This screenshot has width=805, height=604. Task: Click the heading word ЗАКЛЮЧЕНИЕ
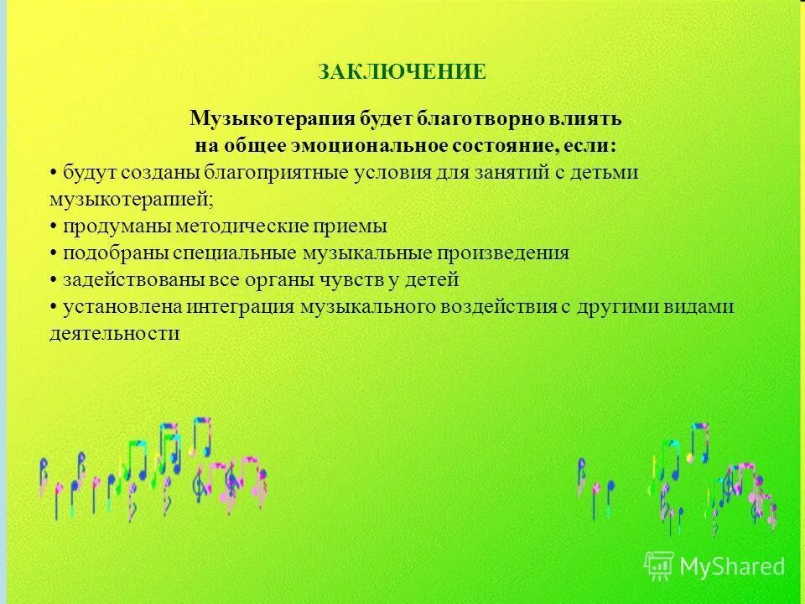(x=402, y=72)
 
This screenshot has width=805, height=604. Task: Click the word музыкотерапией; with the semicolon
(x=131, y=199)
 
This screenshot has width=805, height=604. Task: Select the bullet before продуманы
(x=54, y=226)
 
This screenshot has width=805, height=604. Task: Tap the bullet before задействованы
(x=54, y=280)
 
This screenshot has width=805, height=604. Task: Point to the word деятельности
(x=115, y=334)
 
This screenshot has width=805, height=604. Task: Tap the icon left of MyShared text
(x=659, y=566)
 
